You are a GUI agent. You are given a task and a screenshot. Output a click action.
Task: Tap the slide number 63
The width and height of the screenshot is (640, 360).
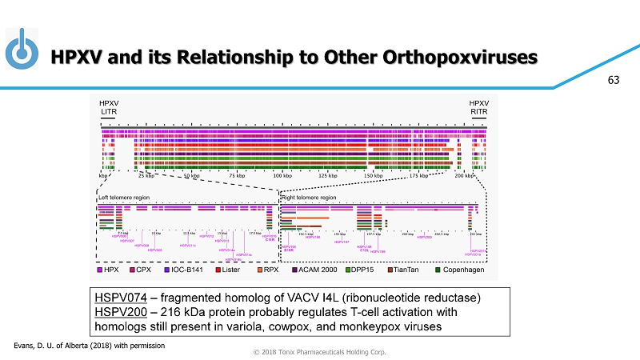coord(614,80)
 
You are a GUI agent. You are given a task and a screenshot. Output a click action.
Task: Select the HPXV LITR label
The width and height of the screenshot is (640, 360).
coord(109,108)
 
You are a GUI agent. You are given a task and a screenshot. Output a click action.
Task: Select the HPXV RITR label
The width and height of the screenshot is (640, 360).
coord(478,108)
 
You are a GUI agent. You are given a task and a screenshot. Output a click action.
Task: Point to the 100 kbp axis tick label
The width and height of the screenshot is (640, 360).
coord(282,174)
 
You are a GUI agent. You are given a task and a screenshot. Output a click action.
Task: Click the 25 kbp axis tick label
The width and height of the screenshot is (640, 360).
coord(146,174)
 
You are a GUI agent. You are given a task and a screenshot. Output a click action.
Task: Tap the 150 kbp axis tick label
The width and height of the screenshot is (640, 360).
coord(373,174)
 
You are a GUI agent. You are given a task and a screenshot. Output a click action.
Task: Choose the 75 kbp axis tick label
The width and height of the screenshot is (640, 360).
coord(237,174)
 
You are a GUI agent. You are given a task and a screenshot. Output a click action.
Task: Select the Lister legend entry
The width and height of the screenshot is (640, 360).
coord(226,270)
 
